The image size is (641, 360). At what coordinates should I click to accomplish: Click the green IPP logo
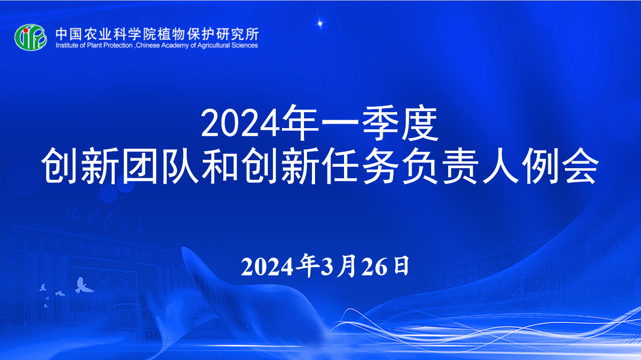(31, 37)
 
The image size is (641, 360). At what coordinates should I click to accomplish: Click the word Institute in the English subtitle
(67, 45)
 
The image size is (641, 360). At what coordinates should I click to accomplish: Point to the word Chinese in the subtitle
(148, 45)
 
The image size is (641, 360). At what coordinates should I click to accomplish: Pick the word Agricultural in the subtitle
(213, 46)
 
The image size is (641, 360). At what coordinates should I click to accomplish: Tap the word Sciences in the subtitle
(245, 45)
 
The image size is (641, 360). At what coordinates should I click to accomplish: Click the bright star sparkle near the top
(320, 23)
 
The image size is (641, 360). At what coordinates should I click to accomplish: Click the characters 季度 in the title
(400, 123)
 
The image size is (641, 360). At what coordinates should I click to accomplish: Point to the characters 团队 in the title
(160, 165)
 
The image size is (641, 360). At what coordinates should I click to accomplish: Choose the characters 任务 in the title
(360, 165)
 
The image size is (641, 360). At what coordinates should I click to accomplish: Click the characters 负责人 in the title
(461, 165)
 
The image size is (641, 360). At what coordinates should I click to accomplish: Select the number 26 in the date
(374, 267)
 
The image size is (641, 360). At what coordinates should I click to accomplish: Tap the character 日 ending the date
(401, 266)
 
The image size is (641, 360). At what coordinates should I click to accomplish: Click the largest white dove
(83, 285)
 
